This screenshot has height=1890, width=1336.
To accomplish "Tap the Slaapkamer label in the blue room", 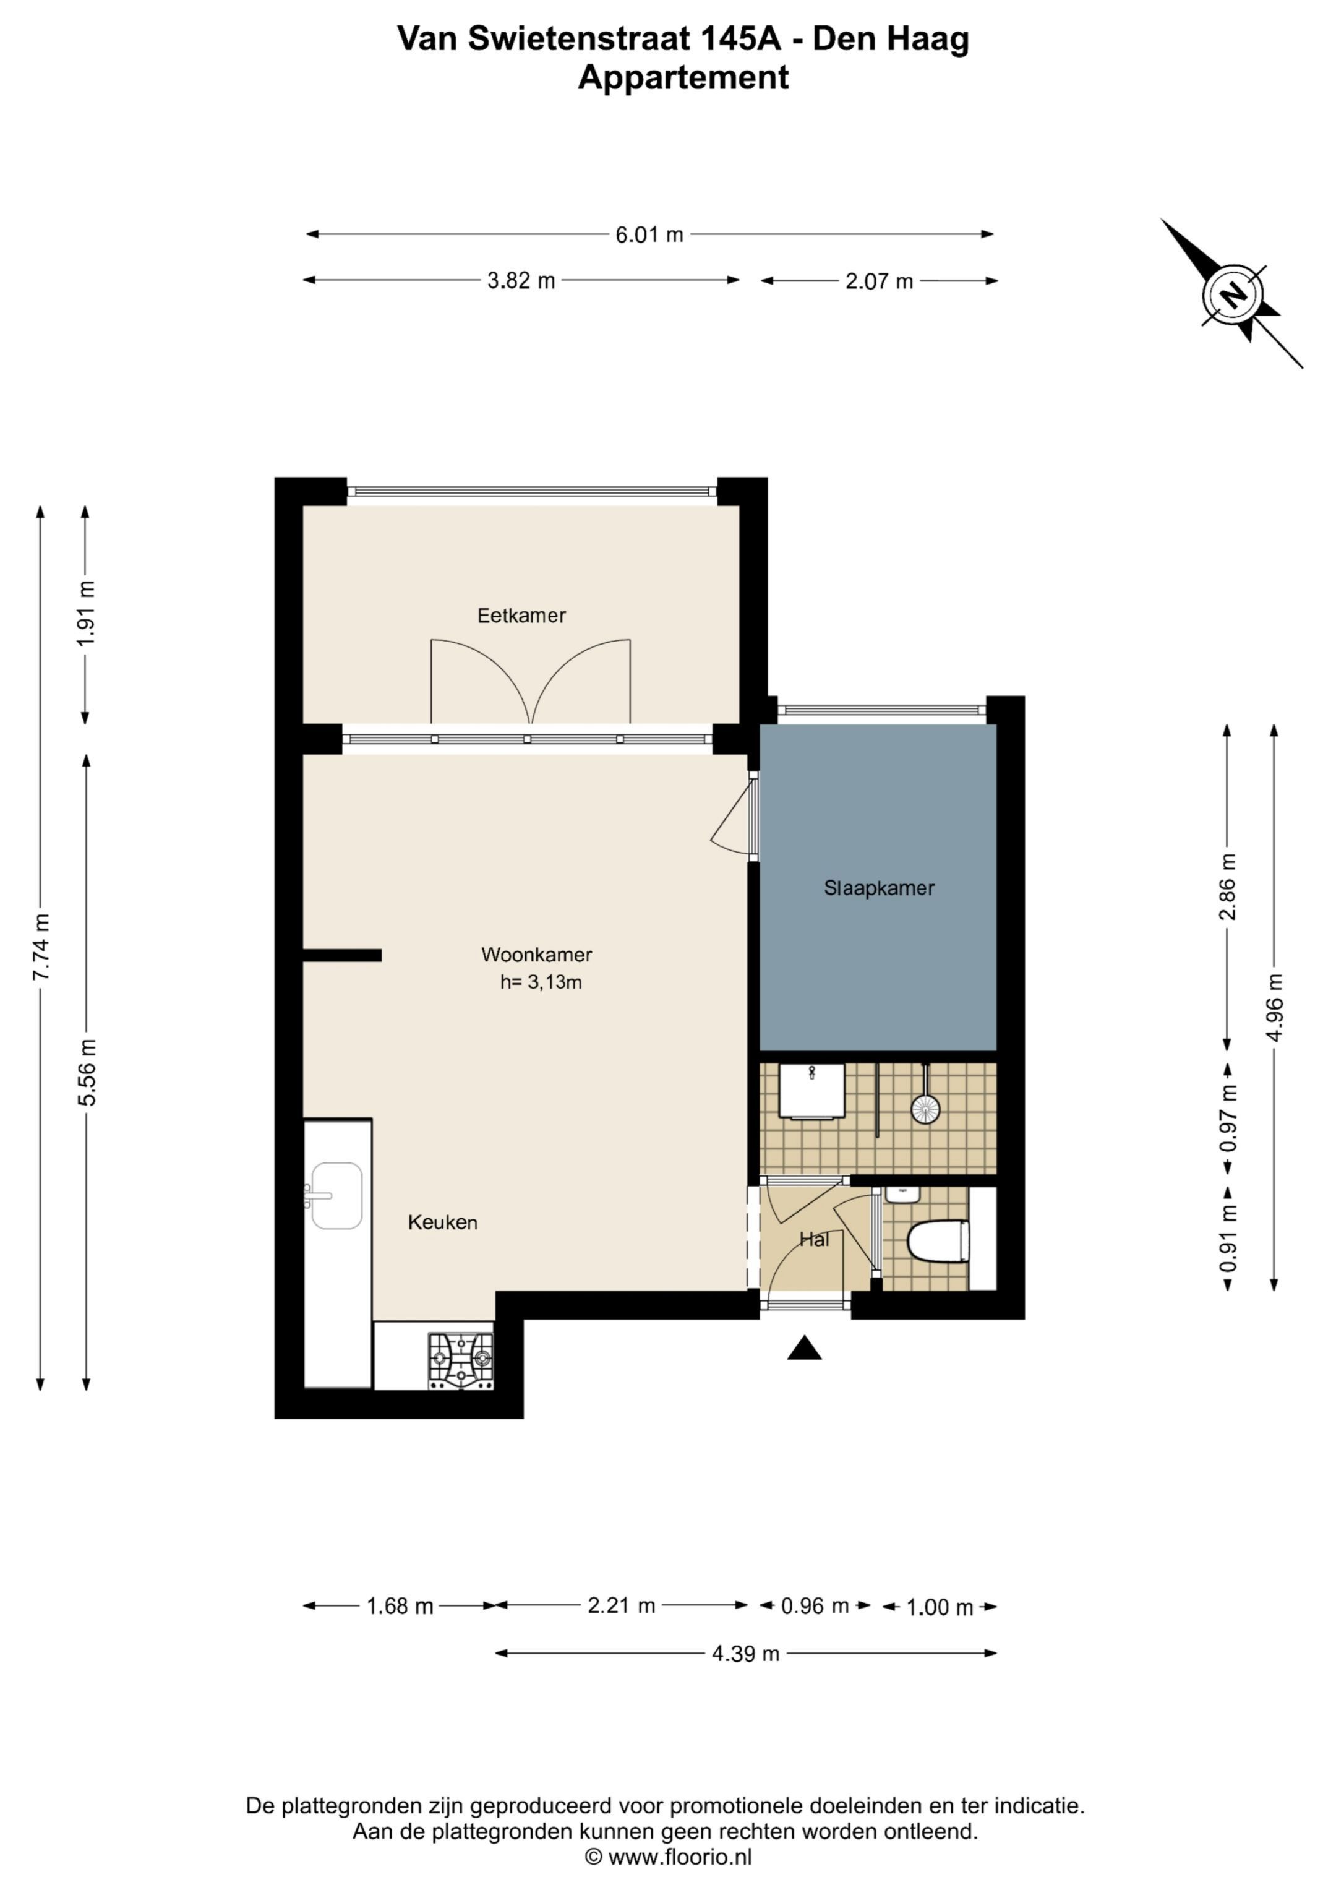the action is pos(879,888).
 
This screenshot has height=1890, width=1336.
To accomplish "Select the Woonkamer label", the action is pos(537,955).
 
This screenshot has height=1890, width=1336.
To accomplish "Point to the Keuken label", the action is pos(443,1222).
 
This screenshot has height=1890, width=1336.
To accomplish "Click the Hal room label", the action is pos(814,1239).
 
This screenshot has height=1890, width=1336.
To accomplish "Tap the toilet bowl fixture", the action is pos(938,1240).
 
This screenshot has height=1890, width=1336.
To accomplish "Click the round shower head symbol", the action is pos(926,1109).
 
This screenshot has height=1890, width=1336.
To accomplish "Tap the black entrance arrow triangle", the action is pos(804,1347).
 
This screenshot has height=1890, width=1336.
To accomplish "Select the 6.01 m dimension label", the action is pos(649,234).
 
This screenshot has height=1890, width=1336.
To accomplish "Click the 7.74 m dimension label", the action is pos(41,947).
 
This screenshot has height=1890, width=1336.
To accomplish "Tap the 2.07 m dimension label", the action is pos(879,281).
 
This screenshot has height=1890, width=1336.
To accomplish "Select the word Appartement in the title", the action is pos(683,77).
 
